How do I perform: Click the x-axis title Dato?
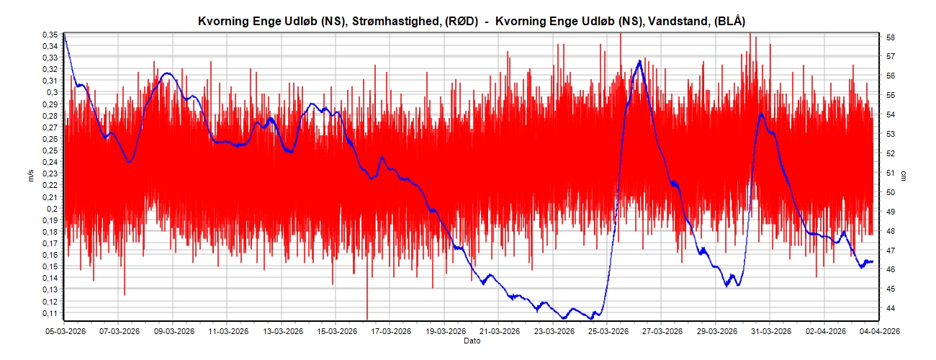click(472, 341)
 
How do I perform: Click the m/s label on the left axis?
click(31, 176)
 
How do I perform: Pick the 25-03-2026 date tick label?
click(606, 331)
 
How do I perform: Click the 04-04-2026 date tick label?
click(876, 331)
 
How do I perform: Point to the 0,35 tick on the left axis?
click(50, 35)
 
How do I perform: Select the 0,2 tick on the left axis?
click(53, 209)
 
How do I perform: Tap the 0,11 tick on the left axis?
click(50, 313)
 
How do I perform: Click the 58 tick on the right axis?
click(890, 37)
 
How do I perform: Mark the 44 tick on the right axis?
click(890, 308)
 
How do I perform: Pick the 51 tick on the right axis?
click(890, 173)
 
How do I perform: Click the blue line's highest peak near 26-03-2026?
click(639, 61)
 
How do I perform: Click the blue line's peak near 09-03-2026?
click(168, 73)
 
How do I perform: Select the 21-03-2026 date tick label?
click(498, 331)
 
